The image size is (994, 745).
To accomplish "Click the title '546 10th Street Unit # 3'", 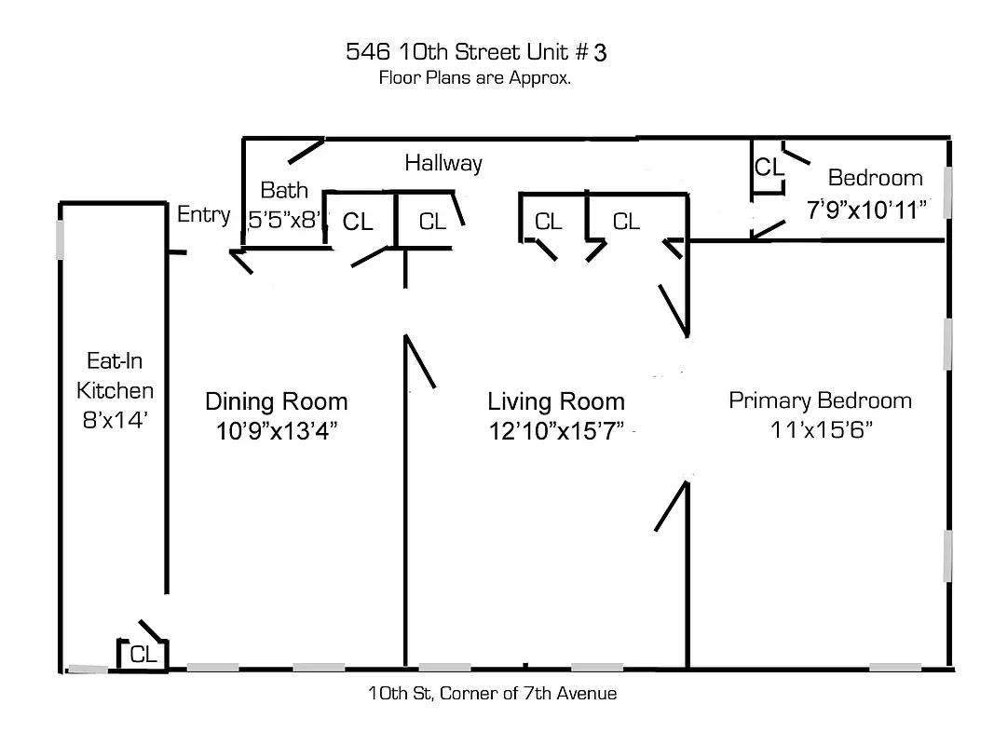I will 475,52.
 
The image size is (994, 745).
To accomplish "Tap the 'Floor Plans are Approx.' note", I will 474,78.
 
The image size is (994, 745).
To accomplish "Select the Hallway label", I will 443,163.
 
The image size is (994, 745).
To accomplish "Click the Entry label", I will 203,214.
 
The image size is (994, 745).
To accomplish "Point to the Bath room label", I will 284,191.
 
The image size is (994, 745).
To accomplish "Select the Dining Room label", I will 276,401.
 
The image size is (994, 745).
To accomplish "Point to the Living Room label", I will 556,401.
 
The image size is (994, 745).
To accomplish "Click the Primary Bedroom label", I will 820,400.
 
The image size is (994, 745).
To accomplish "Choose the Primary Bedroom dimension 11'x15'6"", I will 820,430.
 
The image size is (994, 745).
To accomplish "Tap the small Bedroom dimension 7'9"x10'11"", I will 868,209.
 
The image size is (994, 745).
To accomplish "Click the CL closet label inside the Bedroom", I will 769,168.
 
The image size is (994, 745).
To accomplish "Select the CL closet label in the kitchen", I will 143,655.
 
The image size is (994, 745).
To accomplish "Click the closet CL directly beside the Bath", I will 358,222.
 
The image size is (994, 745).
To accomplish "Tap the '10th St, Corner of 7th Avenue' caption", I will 492,693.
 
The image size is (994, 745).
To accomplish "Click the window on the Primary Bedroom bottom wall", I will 895,667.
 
